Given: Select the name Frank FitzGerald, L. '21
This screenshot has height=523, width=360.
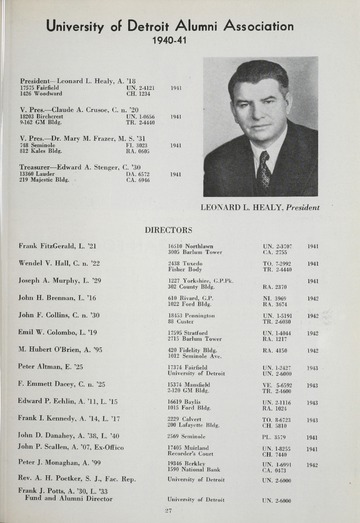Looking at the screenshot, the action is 57,246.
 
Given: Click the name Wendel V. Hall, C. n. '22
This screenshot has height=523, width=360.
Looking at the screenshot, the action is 59,264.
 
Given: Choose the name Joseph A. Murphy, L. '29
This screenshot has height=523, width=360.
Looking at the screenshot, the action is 59,281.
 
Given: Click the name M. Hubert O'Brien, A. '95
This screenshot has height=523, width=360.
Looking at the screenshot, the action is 61,350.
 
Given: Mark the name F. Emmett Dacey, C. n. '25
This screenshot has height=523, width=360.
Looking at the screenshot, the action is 62,384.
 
